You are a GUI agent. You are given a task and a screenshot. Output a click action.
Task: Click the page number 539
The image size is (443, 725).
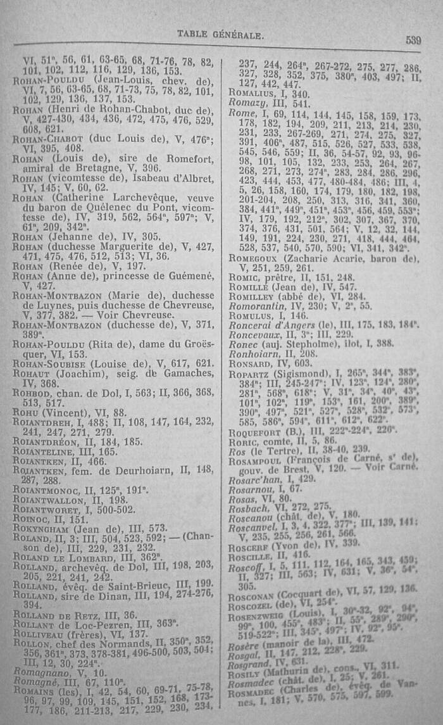pyautogui.click(x=413, y=41)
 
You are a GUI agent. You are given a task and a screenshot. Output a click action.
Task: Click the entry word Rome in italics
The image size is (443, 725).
pyautogui.click(x=241, y=112)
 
